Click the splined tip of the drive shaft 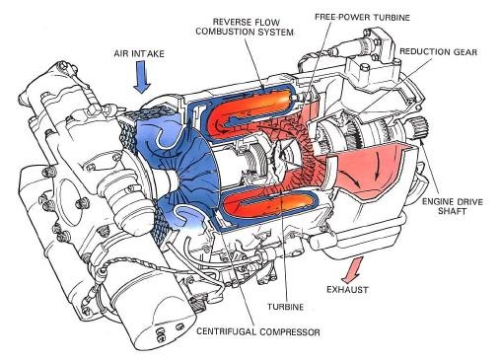pyautogui.click(x=425, y=158)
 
